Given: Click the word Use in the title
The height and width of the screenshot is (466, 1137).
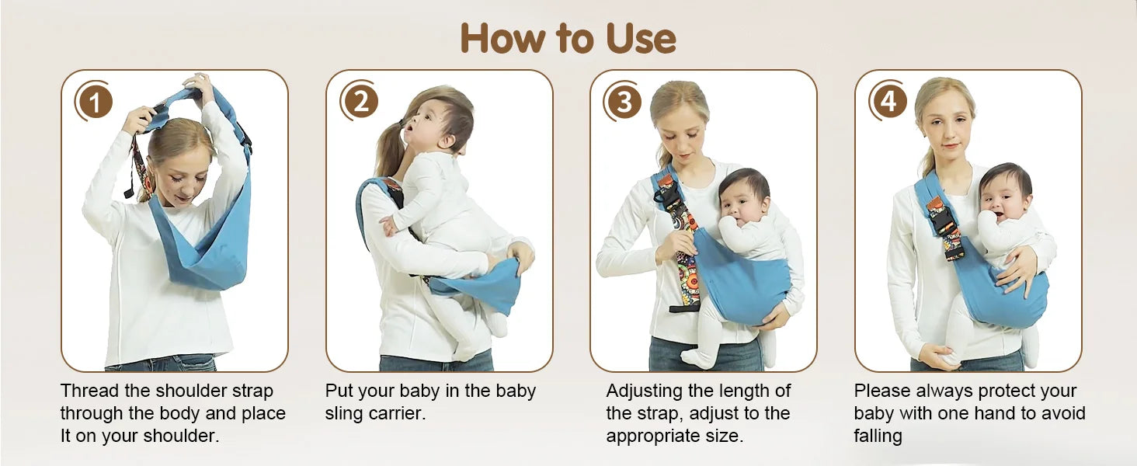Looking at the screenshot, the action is pyautogui.click(x=641, y=38).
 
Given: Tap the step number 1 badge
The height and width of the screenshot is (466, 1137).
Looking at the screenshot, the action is pyautogui.click(x=94, y=102).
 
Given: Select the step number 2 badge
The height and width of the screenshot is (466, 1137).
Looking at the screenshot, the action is pyautogui.click(x=360, y=101).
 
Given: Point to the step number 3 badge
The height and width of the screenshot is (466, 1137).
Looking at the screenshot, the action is pyautogui.click(x=624, y=102).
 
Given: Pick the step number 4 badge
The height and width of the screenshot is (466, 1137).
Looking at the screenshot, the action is pyautogui.click(x=888, y=101).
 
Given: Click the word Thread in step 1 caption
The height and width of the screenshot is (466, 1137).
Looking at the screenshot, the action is pyautogui.click(x=90, y=391).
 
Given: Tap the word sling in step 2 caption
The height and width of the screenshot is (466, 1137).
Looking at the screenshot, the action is pyautogui.click(x=343, y=414).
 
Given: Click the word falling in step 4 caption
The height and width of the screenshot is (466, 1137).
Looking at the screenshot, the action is pyautogui.click(x=878, y=436).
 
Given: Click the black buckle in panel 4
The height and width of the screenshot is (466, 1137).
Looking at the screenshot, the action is pyautogui.click(x=943, y=221).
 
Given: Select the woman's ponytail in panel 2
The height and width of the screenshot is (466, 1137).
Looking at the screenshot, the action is pyautogui.click(x=389, y=149).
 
